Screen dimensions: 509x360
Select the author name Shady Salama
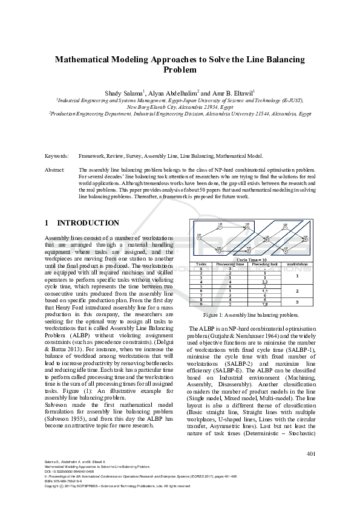124,93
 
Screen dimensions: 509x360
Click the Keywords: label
57,156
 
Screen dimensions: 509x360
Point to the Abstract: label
56,170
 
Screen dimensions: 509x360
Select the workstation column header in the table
297,264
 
